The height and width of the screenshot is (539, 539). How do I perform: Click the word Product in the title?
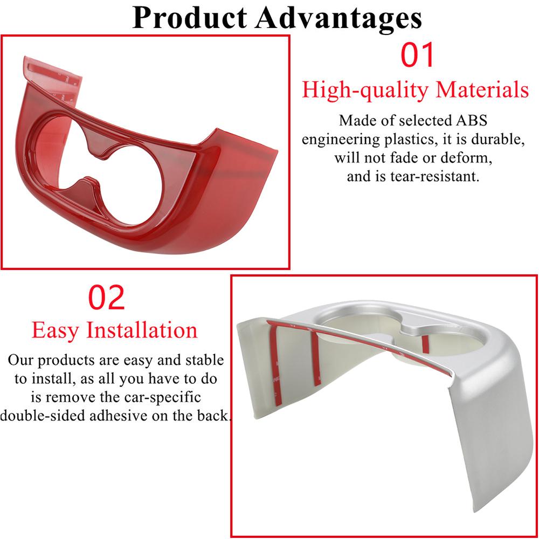tap(190, 18)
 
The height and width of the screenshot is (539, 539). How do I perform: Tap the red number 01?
tap(417, 54)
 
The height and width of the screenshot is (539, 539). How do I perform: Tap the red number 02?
tap(106, 298)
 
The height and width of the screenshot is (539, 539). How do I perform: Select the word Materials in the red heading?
tap(482, 89)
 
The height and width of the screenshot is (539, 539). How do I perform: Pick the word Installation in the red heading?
tap(142, 330)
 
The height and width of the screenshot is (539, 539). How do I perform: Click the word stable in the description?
tap(204, 360)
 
